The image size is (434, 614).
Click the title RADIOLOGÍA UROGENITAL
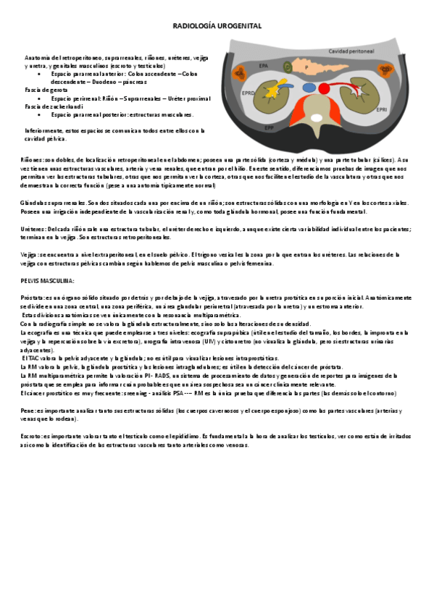(217, 26)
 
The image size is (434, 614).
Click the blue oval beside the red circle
(309, 88)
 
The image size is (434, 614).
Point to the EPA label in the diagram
(263, 66)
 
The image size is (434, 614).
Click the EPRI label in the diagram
(381, 110)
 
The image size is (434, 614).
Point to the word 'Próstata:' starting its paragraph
(36, 298)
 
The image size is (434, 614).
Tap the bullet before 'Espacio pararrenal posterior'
(39, 114)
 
